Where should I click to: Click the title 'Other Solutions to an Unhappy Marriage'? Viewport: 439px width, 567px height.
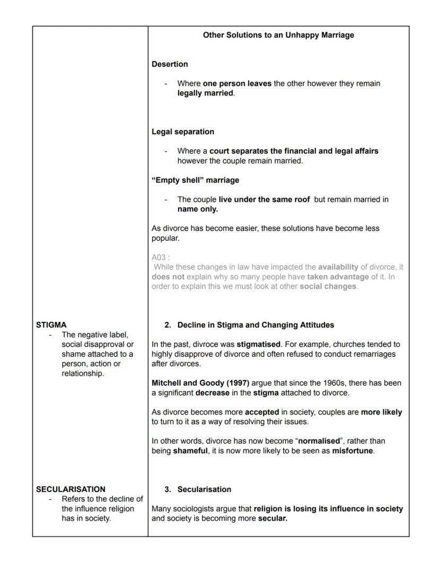(278, 35)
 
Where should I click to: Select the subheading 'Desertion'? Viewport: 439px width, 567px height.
(170, 64)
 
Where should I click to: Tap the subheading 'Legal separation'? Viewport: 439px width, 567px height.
(183, 132)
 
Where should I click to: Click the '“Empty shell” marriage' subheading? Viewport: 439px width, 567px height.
(195, 180)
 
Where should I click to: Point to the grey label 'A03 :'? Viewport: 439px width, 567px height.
(160, 257)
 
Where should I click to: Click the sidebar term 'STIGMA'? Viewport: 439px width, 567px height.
(51, 325)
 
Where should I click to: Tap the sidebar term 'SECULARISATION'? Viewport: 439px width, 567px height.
(71, 489)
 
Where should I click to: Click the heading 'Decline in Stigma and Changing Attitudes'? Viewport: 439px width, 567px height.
(256, 325)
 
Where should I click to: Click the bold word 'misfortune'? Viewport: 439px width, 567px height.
(353, 451)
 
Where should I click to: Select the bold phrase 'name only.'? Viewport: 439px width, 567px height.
(198, 209)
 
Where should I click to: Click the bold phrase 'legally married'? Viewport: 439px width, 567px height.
(205, 93)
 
